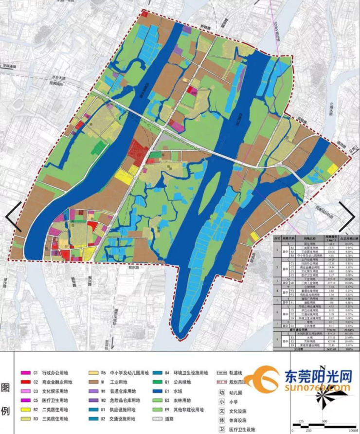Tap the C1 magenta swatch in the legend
tap(23, 373)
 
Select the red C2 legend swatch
tap(23, 382)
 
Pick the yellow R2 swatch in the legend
tap(23, 409)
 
